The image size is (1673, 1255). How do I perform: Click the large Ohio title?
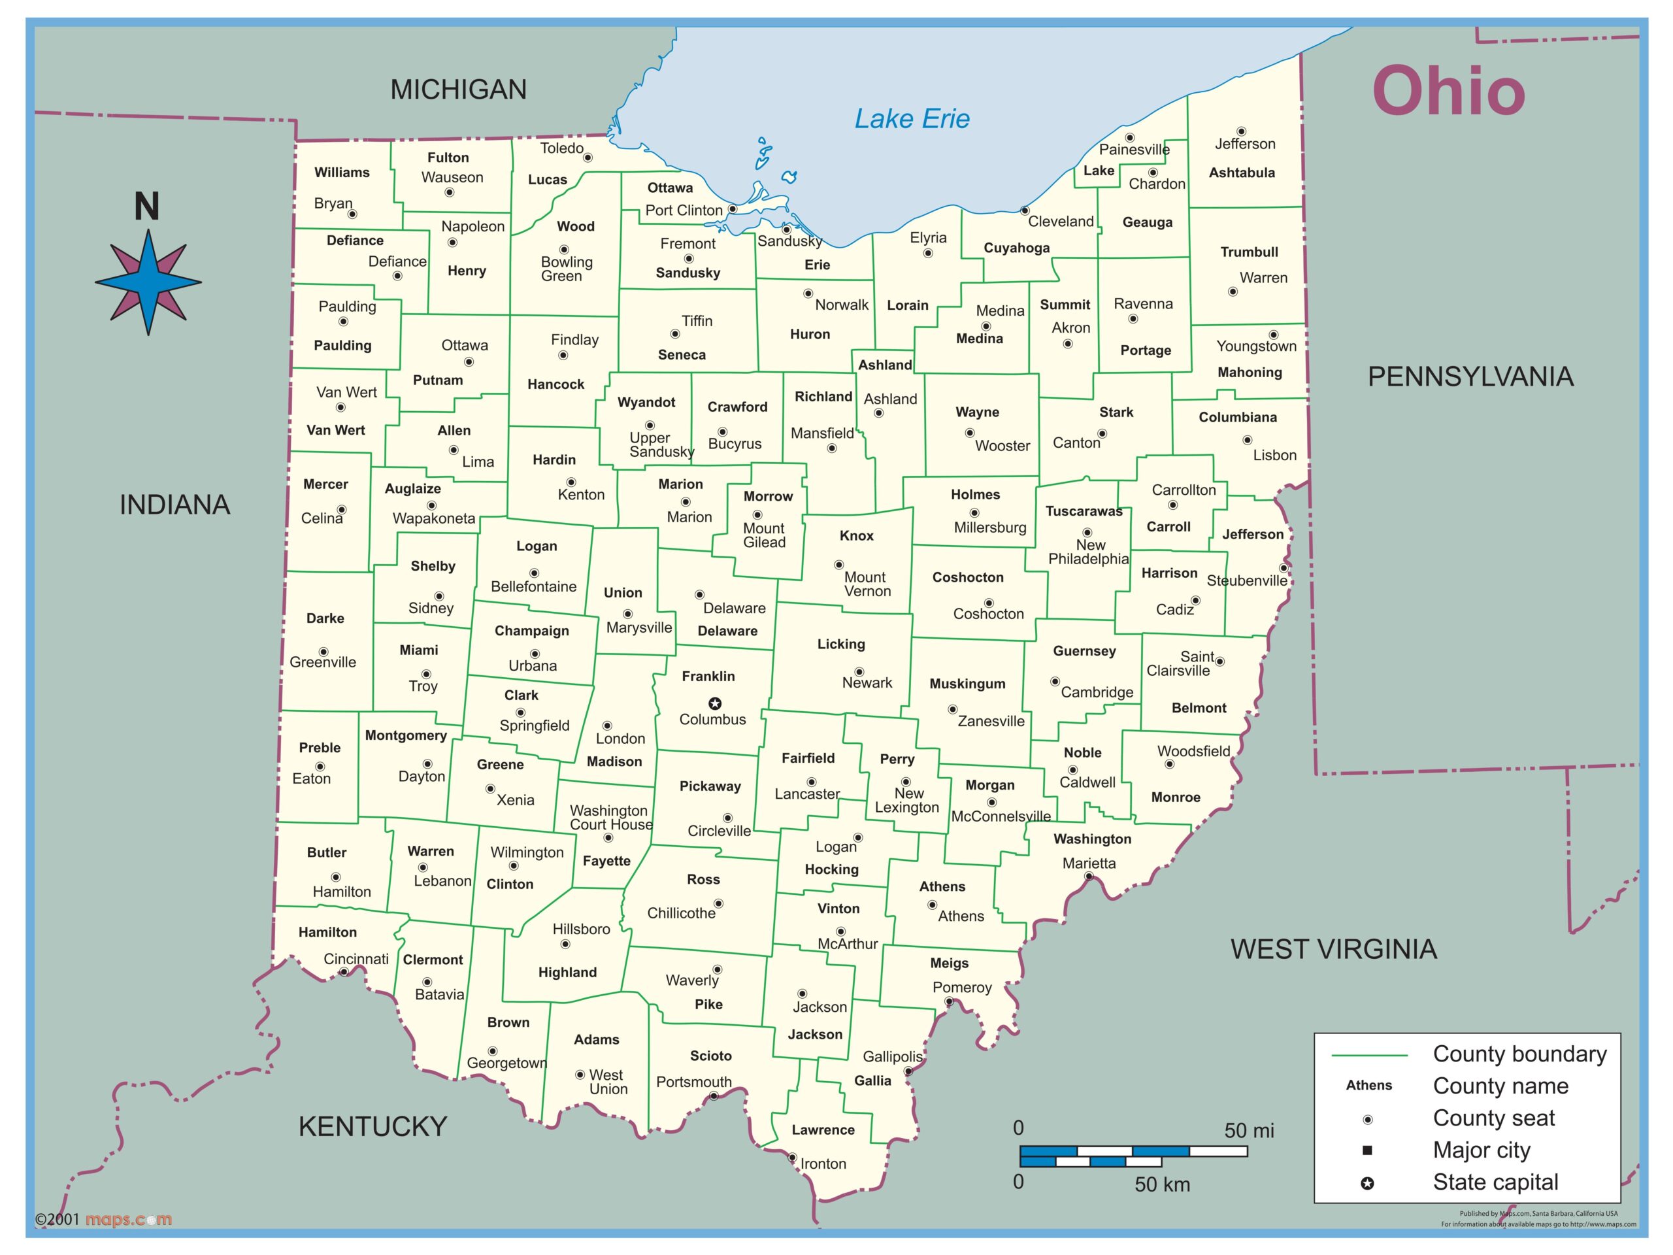pyautogui.click(x=1448, y=92)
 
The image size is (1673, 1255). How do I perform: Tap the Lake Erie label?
pyautogui.click(x=912, y=119)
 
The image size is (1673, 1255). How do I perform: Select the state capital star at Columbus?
pyautogui.click(x=714, y=703)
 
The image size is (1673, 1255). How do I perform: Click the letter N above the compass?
pyautogui.click(x=147, y=207)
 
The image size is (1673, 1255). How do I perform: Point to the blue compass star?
pyautogui.click(x=148, y=282)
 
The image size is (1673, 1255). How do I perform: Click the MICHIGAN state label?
pyautogui.click(x=458, y=90)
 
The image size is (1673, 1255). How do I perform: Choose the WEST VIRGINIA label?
pyautogui.click(x=1333, y=948)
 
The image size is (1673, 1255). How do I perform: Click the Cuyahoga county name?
pyautogui.click(x=1016, y=248)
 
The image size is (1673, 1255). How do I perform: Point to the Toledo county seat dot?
pyautogui.click(x=588, y=158)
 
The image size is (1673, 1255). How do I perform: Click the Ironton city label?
pyautogui.click(x=823, y=1163)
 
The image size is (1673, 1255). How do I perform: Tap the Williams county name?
pyautogui.click(x=342, y=173)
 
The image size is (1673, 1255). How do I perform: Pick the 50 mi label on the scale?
pyautogui.click(x=1249, y=1130)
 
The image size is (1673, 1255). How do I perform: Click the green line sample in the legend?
pyautogui.click(x=1369, y=1054)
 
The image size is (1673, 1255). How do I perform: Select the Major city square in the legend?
pyautogui.click(x=1367, y=1150)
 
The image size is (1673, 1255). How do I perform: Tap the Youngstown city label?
pyautogui.click(x=1255, y=346)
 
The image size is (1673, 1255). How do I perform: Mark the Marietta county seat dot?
pyautogui.click(x=1088, y=877)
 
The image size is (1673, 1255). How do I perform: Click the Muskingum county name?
pyautogui.click(x=967, y=684)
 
